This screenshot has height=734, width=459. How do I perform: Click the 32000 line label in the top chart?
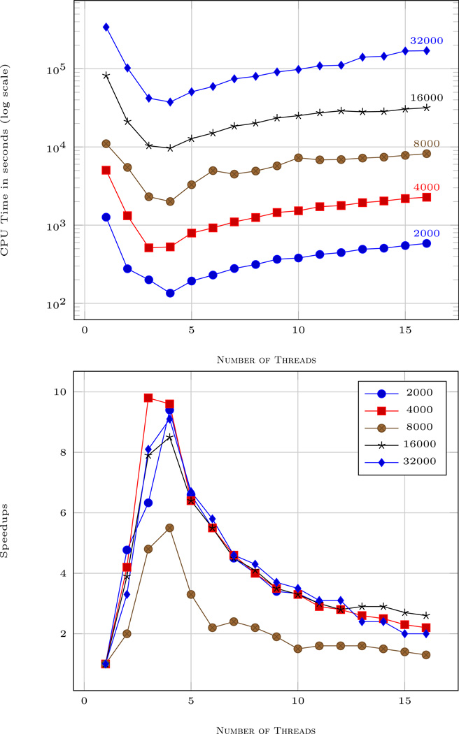pos(426,41)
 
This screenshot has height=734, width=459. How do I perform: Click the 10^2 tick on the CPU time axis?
pos(56,303)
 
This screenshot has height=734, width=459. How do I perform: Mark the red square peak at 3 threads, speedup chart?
pos(148,398)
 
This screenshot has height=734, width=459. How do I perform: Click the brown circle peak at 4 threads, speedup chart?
pos(169,528)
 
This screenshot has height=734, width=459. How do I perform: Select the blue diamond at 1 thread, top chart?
pos(106,27)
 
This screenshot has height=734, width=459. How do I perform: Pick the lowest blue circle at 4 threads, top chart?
pos(170,293)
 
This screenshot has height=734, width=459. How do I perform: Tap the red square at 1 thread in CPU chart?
pos(106,170)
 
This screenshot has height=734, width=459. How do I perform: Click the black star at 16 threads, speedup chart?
pos(427,615)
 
